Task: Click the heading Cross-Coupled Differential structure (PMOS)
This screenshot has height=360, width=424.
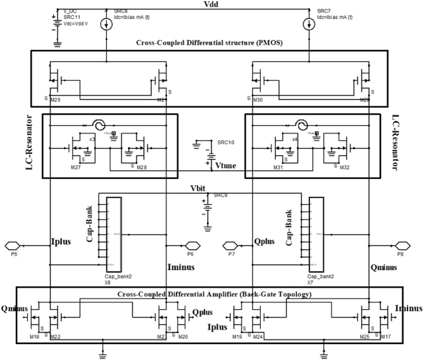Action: [209, 43]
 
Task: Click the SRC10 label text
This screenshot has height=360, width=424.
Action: [225, 144]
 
